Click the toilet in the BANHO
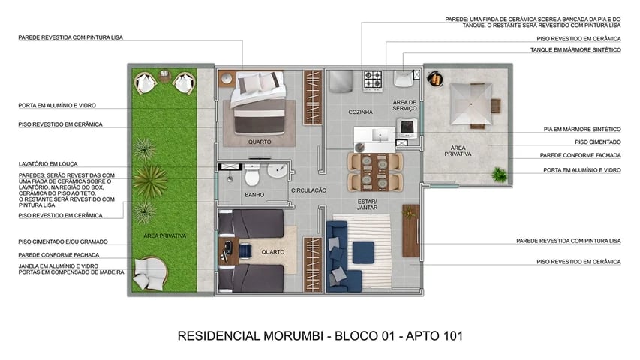[x=252, y=176]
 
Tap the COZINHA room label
[x=360, y=112]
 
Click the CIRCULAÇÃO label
[x=308, y=190]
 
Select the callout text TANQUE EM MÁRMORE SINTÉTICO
[x=578, y=49]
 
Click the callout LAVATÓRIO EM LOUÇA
[x=48, y=163]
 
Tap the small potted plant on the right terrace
[x=498, y=175]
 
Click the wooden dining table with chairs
[x=375, y=172]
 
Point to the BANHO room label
[x=254, y=195]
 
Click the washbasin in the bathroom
[x=278, y=170]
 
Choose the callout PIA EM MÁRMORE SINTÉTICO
[x=581, y=129]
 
